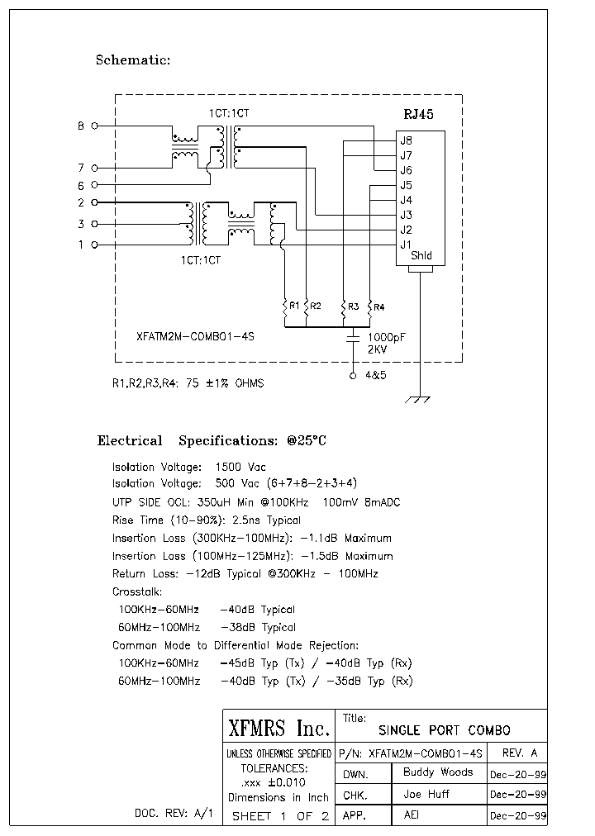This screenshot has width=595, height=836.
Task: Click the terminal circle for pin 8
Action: pos(94,126)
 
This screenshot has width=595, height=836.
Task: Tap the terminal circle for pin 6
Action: pos(94,185)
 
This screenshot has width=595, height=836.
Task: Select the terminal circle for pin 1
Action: pos(94,245)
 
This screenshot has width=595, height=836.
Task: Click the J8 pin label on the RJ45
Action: pos(406,140)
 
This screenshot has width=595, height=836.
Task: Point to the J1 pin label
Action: pos(406,245)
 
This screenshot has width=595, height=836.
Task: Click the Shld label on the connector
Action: pos(421,256)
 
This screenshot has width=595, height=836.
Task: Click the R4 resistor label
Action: pos(378,307)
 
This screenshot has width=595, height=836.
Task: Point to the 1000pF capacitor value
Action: pos(386,337)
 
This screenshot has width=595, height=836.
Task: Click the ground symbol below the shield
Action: pos(421,400)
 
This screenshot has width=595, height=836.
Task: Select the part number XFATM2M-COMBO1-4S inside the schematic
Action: pos(194,337)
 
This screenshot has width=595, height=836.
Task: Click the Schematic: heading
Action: pos(133,59)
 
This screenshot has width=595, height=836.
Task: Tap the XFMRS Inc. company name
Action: pos(278,729)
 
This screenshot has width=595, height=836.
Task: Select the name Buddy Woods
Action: pos(438,772)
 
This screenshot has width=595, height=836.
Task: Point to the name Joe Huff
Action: pos(426,794)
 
